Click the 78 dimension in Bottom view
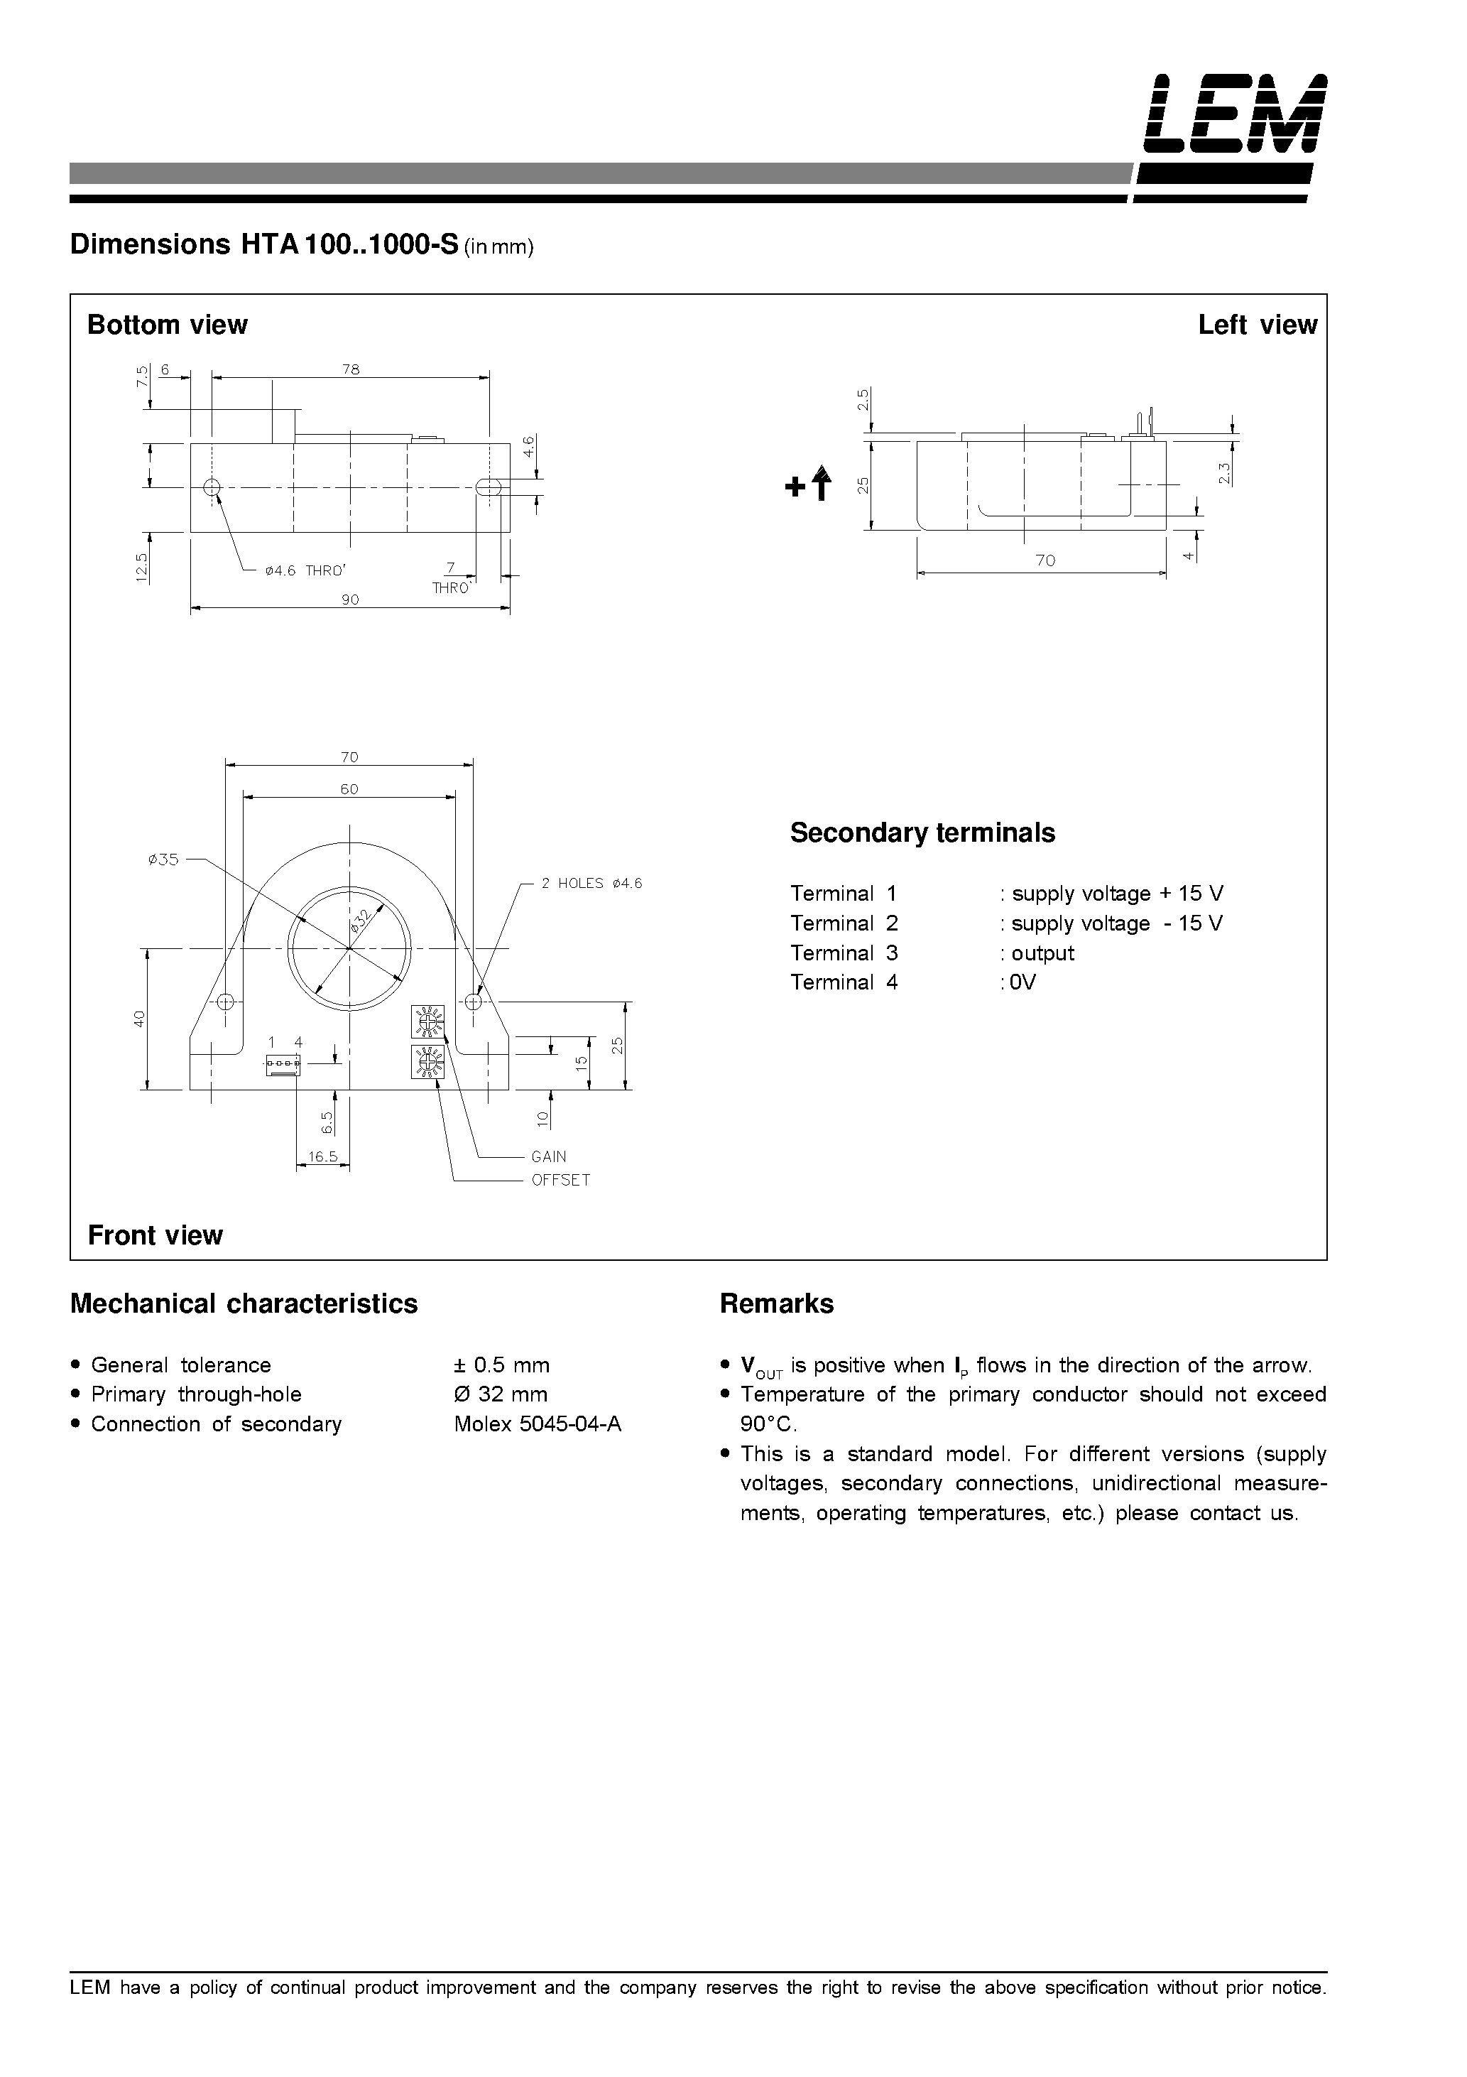coord(351,369)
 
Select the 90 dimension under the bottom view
coord(350,599)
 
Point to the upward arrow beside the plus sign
coord(822,483)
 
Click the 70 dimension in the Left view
coord(1045,561)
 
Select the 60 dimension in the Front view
coord(349,789)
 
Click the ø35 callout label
coord(164,859)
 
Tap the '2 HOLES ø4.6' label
coord(591,884)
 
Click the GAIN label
coord(548,1157)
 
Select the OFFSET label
coord(560,1181)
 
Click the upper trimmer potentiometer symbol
coord(427,1021)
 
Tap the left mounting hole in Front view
coord(226,1002)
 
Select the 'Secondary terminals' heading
coord(922,833)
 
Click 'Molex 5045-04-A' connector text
coord(538,1425)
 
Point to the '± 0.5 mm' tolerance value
coord(502,1365)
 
